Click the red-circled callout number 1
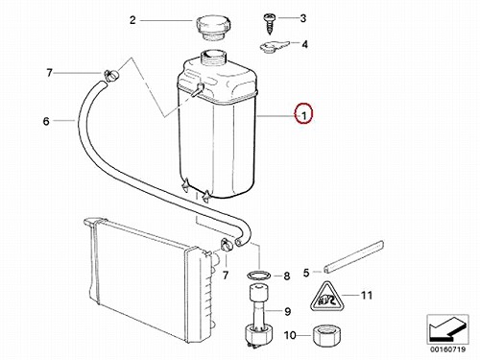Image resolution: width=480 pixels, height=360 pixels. [304, 115]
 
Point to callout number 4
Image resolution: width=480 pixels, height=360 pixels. [304, 44]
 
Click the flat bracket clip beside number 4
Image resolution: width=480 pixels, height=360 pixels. [274, 47]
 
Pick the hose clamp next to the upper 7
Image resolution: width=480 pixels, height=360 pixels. [111, 76]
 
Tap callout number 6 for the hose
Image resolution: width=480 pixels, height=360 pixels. [46, 121]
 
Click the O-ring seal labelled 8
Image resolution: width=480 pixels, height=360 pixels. [259, 275]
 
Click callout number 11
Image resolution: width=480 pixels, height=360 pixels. [367, 295]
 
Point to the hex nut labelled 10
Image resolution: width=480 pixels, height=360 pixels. [326, 335]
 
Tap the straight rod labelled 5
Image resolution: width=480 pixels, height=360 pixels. [353, 257]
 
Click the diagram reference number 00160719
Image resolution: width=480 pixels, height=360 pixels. [447, 349]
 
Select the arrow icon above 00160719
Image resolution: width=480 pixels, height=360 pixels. [447, 329]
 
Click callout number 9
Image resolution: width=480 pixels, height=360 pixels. [287, 311]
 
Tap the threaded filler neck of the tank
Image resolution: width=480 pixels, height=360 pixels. [213, 58]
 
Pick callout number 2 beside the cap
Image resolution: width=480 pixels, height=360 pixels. [132, 20]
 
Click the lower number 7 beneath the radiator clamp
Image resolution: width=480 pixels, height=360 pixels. [226, 275]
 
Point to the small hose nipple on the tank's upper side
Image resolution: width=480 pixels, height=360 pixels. [198, 89]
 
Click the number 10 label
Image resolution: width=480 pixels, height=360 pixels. [290, 335]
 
